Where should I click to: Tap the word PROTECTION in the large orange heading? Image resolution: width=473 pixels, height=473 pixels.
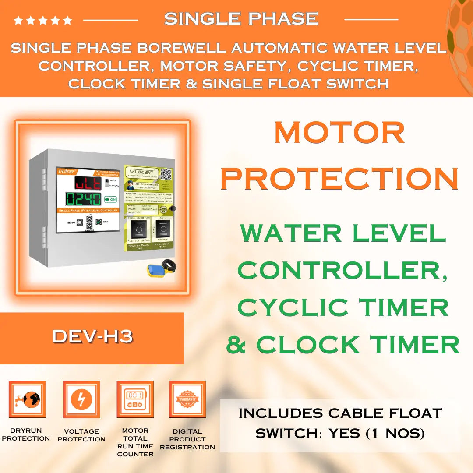[x=339, y=178]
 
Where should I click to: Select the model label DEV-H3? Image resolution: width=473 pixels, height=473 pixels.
[x=92, y=336]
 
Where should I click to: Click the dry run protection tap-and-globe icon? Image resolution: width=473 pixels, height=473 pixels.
[x=27, y=399]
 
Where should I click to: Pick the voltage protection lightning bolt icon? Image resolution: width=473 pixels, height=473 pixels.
[x=81, y=399]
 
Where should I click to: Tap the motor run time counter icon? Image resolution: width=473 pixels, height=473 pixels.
[x=135, y=399]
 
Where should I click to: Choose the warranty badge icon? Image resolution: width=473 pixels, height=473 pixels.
[x=187, y=399]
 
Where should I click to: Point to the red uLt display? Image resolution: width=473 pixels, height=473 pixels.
[x=88, y=183]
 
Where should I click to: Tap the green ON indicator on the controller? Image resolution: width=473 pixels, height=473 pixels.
[x=110, y=199]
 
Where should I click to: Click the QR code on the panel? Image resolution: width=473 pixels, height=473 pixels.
[x=166, y=174]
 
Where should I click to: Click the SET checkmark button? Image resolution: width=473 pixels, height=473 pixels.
[x=99, y=222]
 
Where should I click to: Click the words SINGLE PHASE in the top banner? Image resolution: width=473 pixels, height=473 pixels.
[x=241, y=18]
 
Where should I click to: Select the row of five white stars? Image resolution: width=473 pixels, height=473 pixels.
[x=43, y=20]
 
